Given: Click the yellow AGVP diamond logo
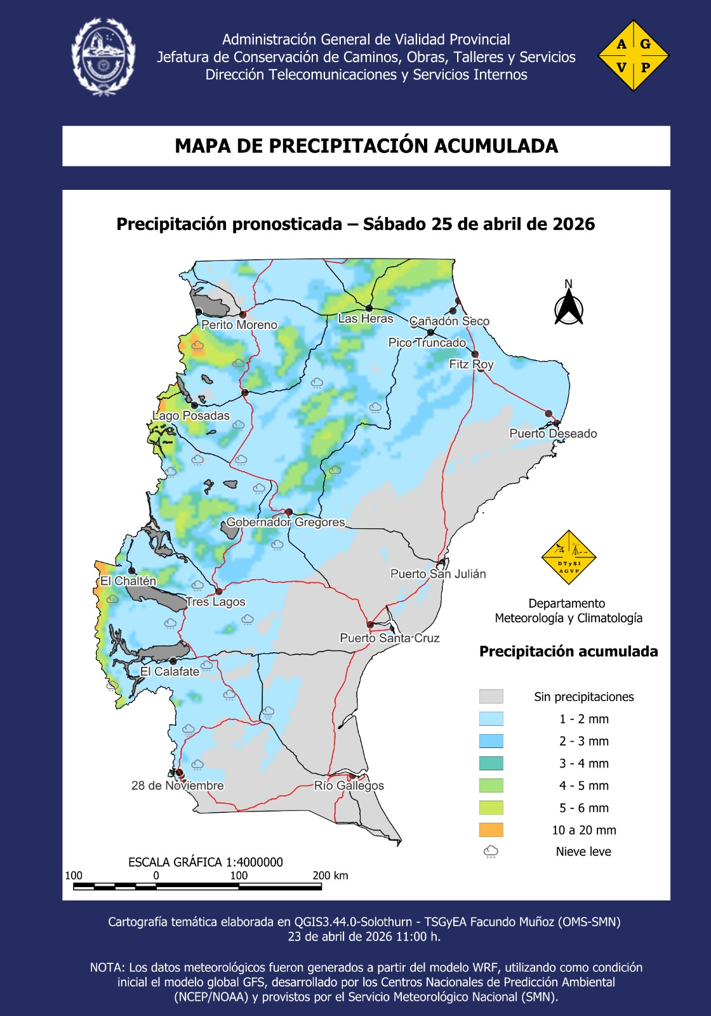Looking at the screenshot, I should point(633,55).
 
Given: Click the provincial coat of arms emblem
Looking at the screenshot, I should point(103,57).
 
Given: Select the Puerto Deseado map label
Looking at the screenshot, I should point(553,434).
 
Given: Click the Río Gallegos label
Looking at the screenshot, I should point(349,785).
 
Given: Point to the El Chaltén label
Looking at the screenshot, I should point(128,581).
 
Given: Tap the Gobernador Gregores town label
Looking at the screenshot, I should point(286,522).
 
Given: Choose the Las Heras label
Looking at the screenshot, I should point(365,319).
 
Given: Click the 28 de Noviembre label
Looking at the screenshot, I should point(177,785).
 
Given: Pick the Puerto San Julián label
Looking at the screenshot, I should point(437,574).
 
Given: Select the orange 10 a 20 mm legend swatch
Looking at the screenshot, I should point(491,830).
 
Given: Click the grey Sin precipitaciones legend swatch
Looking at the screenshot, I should point(491,697).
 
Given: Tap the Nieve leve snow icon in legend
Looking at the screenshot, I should point(491,852).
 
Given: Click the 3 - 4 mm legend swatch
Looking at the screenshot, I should point(491,763).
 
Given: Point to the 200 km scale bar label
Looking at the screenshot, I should point(330,876).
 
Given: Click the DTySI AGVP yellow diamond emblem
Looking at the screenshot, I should point(568,558).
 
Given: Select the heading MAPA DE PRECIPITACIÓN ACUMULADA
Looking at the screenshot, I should point(366,146).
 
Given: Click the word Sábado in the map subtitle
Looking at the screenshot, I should point(395,224).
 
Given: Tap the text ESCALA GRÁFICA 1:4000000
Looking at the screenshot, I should point(205,862).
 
